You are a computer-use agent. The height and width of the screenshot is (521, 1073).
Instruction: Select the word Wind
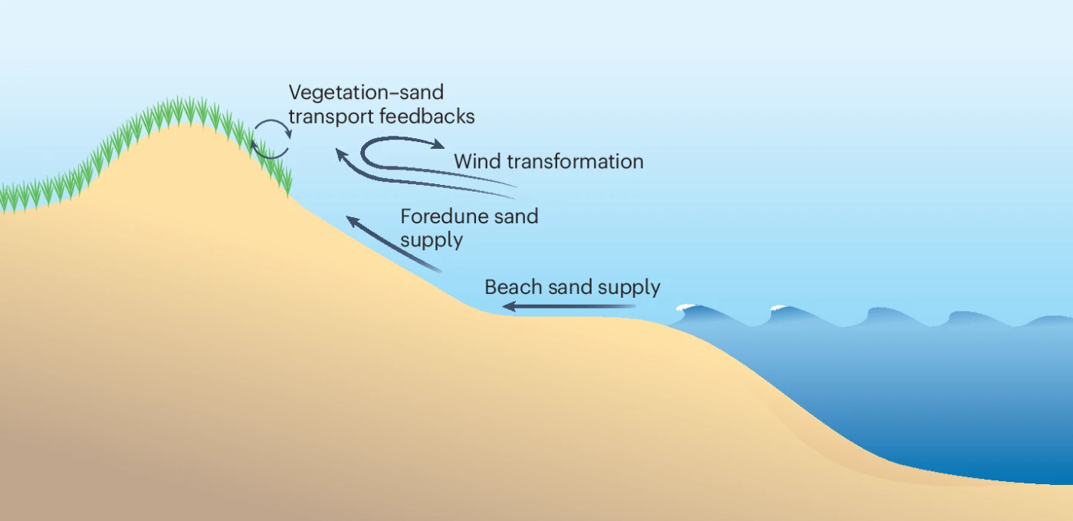[x=476, y=162]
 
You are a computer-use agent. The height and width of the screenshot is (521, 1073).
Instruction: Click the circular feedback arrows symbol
[x=272, y=139]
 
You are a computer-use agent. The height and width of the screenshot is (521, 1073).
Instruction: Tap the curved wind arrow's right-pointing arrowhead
[x=438, y=144]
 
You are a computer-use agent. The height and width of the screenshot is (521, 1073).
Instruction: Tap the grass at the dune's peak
[x=184, y=110]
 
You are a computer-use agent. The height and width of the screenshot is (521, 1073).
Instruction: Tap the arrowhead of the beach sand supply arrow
[x=508, y=308]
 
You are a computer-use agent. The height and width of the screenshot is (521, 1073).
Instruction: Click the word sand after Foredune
[x=516, y=216]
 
